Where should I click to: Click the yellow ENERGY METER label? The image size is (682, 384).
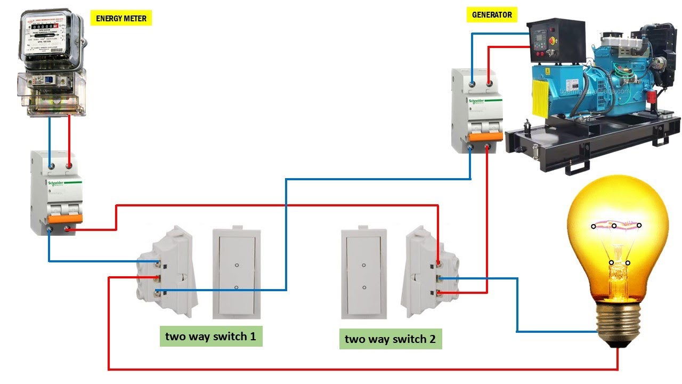[120, 19]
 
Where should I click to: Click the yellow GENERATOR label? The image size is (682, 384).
[492, 14]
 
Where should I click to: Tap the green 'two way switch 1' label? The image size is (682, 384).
[210, 337]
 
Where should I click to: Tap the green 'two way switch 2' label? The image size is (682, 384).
[390, 339]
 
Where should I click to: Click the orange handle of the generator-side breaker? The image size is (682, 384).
[477, 136]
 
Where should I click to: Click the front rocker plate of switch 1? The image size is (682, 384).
[237, 272]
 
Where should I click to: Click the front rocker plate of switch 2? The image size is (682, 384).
[364, 273]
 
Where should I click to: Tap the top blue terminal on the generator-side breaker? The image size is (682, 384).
[472, 83]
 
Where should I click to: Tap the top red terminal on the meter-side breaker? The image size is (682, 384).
[69, 166]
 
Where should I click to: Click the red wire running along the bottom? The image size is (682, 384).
[362, 369]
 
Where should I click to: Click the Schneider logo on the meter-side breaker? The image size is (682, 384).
[56, 183]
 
